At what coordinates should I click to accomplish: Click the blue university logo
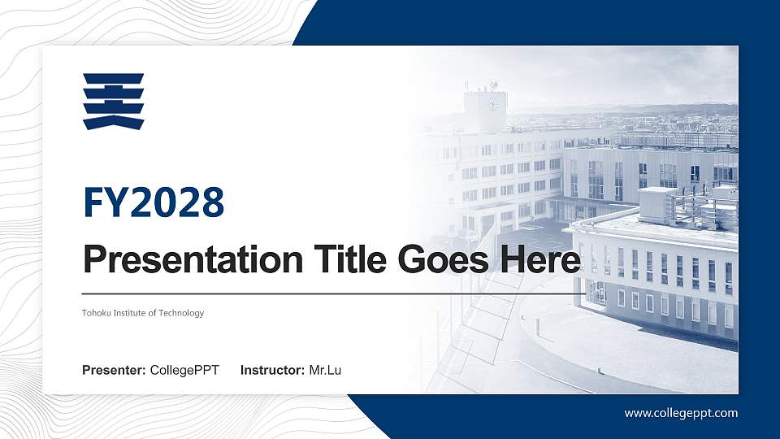[113, 101]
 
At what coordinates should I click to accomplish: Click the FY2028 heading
[154, 202]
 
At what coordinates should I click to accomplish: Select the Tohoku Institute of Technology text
[143, 313]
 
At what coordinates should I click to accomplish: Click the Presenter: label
[114, 371]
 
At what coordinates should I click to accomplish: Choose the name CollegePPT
[184, 371]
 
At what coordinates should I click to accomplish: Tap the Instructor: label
[273, 371]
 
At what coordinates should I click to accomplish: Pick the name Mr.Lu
[325, 371]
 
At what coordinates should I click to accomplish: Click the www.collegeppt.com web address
[681, 413]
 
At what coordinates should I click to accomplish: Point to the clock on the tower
[492, 103]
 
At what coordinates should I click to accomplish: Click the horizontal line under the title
[325, 293]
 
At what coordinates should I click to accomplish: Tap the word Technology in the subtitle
[182, 313]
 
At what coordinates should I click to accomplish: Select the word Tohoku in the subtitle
[95, 313]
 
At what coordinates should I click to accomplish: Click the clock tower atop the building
[485, 111]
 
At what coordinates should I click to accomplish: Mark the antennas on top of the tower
[492, 85]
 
